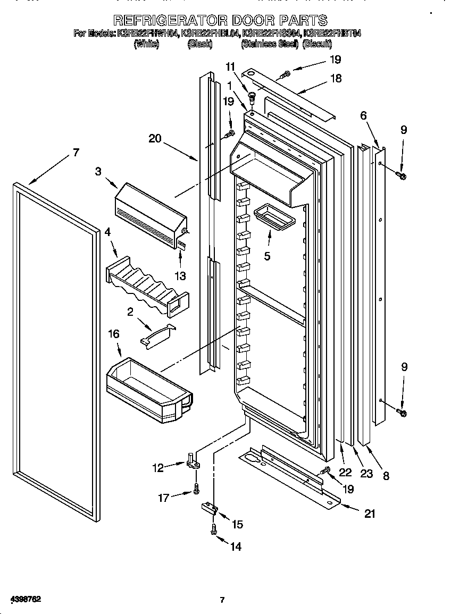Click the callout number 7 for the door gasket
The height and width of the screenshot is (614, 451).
[x=76, y=153]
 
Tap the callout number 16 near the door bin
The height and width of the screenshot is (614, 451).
[x=114, y=334]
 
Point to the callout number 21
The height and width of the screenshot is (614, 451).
[x=370, y=514]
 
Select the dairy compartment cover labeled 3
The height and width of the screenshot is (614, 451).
[x=151, y=214]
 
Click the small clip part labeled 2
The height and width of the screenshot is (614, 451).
[x=156, y=337]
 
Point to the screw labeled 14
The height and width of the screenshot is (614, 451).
[x=214, y=529]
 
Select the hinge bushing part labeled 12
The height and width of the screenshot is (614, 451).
[x=193, y=460]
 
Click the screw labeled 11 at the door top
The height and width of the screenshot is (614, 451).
[x=252, y=98]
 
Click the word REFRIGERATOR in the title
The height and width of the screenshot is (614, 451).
[x=171, y=21]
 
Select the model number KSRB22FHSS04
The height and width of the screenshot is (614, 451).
[x=271, y=33]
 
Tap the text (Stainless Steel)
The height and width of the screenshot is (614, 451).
[x=270, y=45]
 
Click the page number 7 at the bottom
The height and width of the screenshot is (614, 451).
[x=222, y=600]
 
